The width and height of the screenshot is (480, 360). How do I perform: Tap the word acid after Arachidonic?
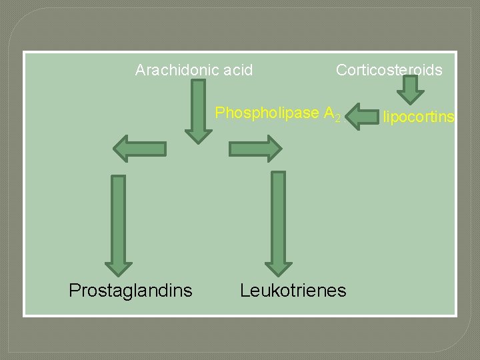pyautogui.click(x=237, y=70)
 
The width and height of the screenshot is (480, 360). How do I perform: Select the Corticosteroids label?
pyautogui.click(x=389, y=70)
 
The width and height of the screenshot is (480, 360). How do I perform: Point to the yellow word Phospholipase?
pyautogui.click(x=267, y=113)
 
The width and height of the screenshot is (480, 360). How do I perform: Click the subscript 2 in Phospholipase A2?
pyautogui.click(x=338, y=119)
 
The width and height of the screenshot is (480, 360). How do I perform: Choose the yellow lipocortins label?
pyautogui.click(x=419, y=118)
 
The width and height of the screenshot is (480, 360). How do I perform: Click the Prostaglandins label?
pyautogui.click(x=131, y=290)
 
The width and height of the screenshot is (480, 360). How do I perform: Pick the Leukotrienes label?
pyautogui.click(x=293, y=290)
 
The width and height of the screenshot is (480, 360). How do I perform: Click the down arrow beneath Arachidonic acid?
pyautogui.click(x=198, y=110)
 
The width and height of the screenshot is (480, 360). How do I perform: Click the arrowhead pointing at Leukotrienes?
pyautogui.click(x=279, y=266)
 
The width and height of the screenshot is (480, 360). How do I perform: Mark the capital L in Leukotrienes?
pyautogui.click(x=245, y=290)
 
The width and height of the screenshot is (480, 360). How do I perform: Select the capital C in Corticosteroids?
pyautogui.click(x=341, y=70)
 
